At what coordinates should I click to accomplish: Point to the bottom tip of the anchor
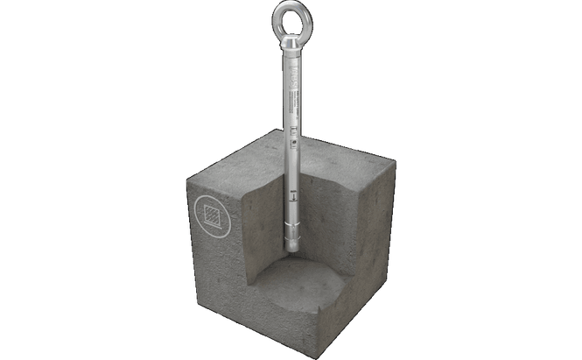pyautogui.click(x=291, y=251)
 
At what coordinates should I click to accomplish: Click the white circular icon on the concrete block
pyautogui.click(x=209, y=214)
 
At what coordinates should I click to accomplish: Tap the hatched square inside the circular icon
pyautogui.click(x=209, y=214)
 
